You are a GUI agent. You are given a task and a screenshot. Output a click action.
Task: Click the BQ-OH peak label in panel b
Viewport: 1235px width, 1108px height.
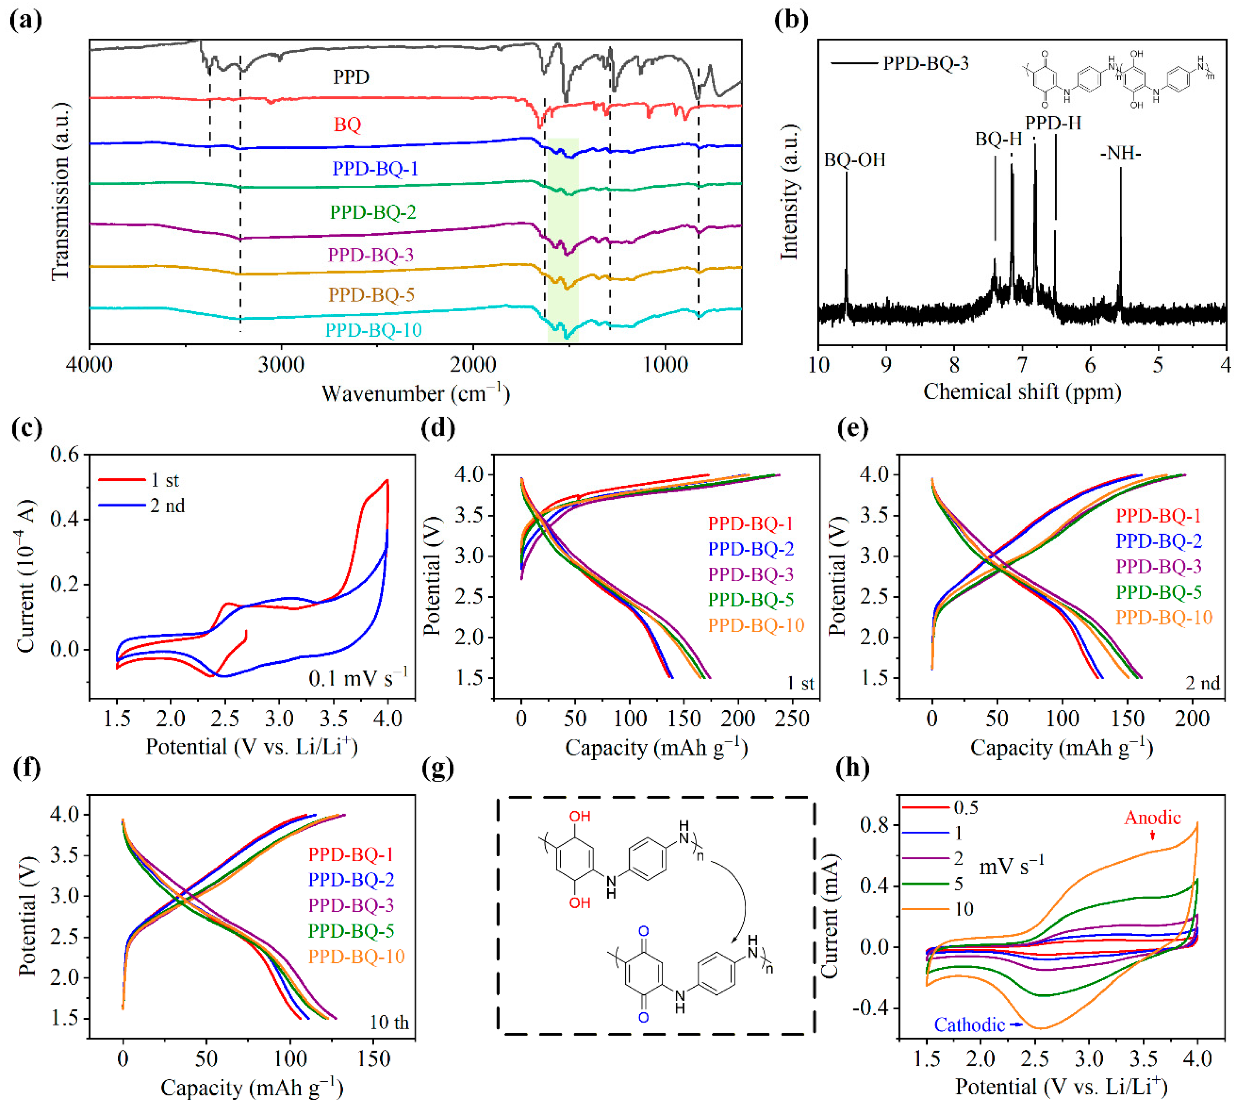[854, 160]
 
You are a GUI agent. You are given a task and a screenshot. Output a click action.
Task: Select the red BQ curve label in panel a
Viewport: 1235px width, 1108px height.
[347, 125]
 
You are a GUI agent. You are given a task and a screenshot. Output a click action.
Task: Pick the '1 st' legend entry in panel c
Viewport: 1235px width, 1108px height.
[164, 480]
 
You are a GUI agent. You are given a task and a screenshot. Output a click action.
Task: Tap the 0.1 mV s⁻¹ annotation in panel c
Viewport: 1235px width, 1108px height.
[358, 677]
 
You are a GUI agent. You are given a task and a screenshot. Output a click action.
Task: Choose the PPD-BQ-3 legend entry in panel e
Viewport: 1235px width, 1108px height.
[1158, 567]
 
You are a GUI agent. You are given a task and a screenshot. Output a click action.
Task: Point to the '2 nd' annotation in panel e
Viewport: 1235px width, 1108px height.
[1203, 684]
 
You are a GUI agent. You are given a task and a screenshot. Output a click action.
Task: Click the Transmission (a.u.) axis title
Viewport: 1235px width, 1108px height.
[60, 192]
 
